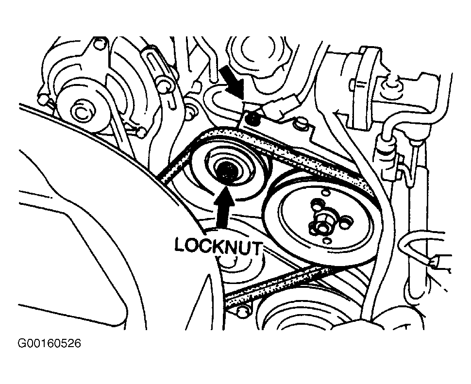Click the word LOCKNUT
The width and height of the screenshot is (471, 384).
point(218,246)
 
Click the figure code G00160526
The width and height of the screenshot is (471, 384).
point(50,344)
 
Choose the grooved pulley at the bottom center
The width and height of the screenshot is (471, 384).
point(301,320)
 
